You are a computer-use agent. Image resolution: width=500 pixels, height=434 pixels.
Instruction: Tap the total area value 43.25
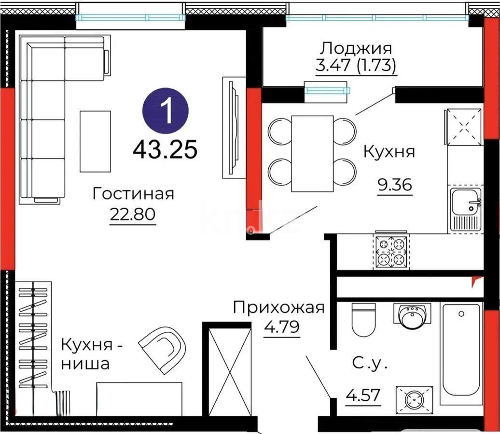[x=166, y=150]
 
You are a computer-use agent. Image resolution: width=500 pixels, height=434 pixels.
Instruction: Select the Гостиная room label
[x=133, y=194]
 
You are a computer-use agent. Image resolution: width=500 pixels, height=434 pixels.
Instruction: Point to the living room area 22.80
[x=133, y=214]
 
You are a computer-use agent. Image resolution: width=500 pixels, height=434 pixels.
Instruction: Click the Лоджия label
[x=356, y=48]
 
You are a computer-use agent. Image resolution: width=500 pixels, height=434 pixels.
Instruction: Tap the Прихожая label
[x=278, y=308]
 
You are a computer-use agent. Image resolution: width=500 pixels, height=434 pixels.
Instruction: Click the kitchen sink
[x=465, y=208]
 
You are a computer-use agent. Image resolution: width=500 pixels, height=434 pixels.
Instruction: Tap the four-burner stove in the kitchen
[x=391, y=252]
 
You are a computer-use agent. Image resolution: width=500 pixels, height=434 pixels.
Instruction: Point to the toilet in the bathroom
[x=363, y=319]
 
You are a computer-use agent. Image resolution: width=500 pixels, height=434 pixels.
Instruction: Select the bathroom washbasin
[x=412, y=315]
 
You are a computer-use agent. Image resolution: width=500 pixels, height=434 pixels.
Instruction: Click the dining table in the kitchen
[x=312, y=154]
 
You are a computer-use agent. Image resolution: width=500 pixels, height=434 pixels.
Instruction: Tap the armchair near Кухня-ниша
[x=163, y=349]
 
